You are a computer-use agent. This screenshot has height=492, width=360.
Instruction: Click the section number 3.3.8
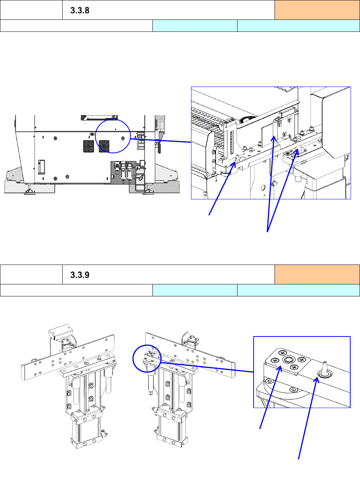pyautogui.click(x=80, y=10)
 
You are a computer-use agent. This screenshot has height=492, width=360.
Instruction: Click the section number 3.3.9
pyautogui.click(x=80, y=275)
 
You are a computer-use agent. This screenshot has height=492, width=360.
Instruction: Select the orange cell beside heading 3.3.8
pyautogui.click(x=317, y=10)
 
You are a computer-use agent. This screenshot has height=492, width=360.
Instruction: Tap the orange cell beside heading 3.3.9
pyautogui.click(x=317, y=274)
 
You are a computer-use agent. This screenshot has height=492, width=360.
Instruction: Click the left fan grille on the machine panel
pyautogui.click(x=89, y=146)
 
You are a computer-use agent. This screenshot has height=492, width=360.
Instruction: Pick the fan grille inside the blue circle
pyautogui.click(x=104, y=146)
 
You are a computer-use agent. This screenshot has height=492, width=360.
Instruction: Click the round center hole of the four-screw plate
pyautogui.click(x=288, y=360)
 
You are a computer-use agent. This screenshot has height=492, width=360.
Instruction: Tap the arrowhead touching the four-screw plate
pyautogui.click(x=279, y=368)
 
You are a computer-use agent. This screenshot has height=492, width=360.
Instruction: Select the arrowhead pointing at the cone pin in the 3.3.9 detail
pyautogui.click(x=317, y=379)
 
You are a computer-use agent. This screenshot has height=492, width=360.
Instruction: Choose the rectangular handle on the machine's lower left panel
pyautogui.click(x=42, y=167)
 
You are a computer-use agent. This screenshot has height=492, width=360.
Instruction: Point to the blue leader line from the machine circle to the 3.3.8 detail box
pyautogui.click(x=161, y=141)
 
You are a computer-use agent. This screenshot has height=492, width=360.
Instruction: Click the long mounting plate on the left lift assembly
pyautogui.click(x=68, y=357)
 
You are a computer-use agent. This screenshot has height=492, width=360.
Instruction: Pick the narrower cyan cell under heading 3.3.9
pyautogui.click(x=195, y=290)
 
